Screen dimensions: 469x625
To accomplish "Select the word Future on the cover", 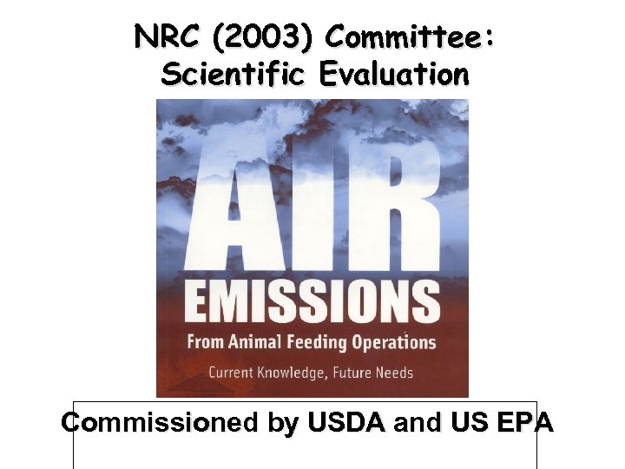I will pyautogui.click(x=355, y=373).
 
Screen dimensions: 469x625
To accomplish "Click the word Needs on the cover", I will pyautogui.click(x=397, y=373).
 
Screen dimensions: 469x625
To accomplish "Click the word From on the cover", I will pyautogui.click(x=207, y=342).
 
